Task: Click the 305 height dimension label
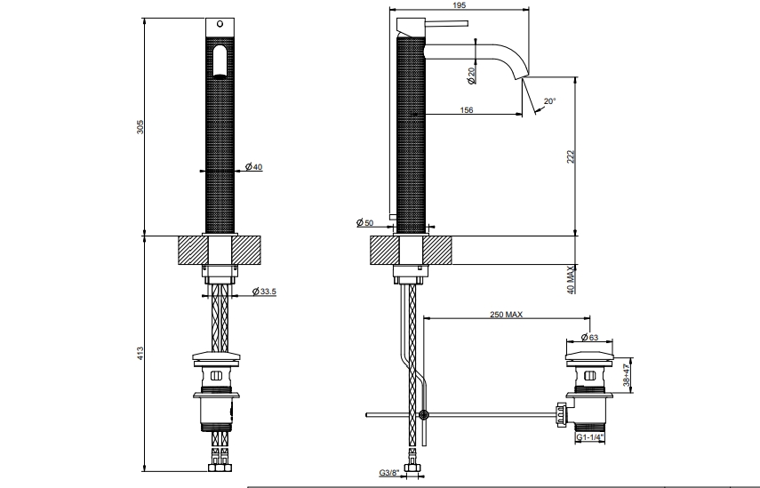[x=140, y=127]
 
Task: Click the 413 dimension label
[x=140, y=352]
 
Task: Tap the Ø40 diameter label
[x=253, y=167]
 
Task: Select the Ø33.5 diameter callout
[x=264, y=292]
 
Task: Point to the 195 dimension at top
[x=459, y=4]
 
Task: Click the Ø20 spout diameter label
[x=471, y=76]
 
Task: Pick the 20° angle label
[x=549, y=101]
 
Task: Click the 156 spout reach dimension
[x=467, y=110]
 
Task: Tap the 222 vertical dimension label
[x=571, y=156]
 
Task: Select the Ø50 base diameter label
[x=365, y=222]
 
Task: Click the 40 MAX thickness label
[x=571, y=280]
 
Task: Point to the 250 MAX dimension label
[x=506, y=315]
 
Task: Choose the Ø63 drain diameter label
[x=589, y=337]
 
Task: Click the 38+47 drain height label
[x=627, y=372]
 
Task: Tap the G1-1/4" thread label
[x=590, y=437]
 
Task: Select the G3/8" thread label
[x=389, y=473]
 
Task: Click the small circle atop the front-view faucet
[x=220, y=24]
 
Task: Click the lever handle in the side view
[x=446, y=23]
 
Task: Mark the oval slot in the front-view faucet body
[x=220, y=61]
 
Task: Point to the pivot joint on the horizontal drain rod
[x=424, y=415]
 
